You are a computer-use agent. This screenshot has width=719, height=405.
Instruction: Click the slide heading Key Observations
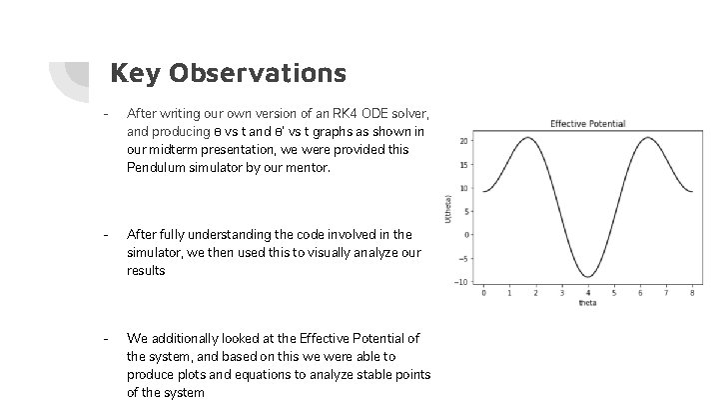click(x=228, y=73)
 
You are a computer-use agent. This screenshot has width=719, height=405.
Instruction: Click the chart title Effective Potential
click(x=587, y=123)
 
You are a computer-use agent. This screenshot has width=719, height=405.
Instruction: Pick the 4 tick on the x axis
click(x=587, y=293)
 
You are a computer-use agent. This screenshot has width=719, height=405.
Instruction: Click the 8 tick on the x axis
click(x=691, y=293)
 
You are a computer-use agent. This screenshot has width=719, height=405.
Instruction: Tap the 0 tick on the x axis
click(x=483, y=293)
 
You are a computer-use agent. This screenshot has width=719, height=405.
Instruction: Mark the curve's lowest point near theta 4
click(x=587, y=277)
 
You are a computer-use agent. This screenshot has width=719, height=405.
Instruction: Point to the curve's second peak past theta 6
click(x=648, y=137)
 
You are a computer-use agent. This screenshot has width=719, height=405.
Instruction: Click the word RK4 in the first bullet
click(x=327, y=114)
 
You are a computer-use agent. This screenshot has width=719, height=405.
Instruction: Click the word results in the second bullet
click(x=147, y=270)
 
